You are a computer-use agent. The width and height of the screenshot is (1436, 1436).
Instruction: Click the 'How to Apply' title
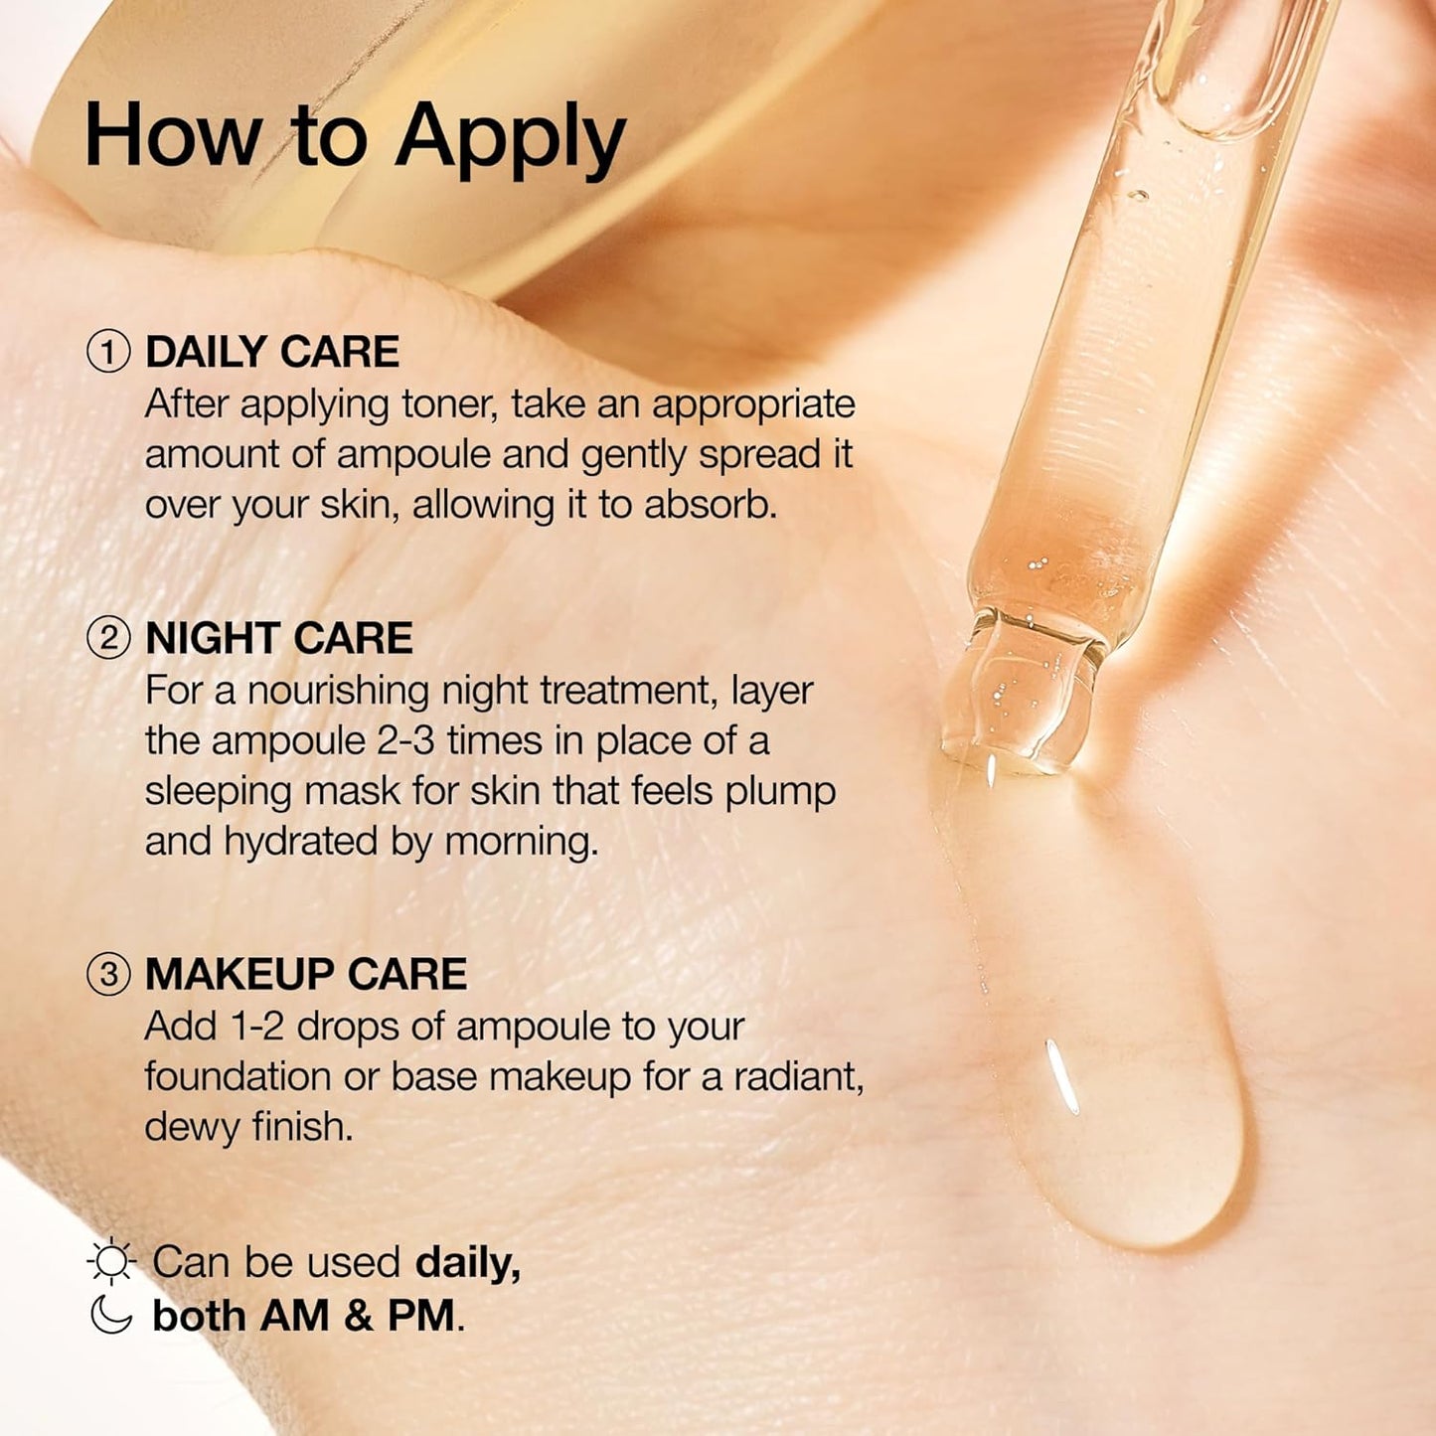coord(355,137)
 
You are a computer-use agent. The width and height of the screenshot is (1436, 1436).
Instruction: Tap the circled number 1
coord(108,352)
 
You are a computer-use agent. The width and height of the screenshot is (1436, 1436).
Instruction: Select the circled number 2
coord(108,638)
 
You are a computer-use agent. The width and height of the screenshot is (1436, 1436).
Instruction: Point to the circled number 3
coord(108,974)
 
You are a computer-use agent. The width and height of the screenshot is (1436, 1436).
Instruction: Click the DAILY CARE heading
coord(272,352)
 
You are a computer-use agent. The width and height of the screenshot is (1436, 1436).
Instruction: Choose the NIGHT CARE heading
coord(278,638)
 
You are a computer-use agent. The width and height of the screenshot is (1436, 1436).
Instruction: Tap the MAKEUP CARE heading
coord(306,974)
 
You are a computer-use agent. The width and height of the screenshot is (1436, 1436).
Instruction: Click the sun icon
coord(110,1262)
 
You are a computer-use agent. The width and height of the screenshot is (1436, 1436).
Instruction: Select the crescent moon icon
coord(110,1315)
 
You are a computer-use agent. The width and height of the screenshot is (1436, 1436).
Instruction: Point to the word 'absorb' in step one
coord(709,505)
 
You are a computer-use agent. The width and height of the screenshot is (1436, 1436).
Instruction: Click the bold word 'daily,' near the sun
coord(467,1262)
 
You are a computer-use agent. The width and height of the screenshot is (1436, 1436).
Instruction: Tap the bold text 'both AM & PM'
coord(304,1316)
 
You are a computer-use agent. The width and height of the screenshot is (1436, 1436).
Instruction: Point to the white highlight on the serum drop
coord(1062,1076)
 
